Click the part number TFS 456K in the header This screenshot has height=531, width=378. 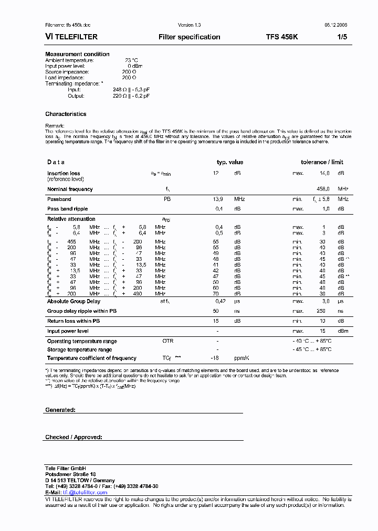281,37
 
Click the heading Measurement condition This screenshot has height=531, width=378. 77,54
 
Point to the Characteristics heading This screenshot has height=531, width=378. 66,114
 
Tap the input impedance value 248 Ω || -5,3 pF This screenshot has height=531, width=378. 131,90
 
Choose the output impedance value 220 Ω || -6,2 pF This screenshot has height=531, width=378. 131,96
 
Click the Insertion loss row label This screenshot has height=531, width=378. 64,173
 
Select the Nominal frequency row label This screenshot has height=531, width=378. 70,189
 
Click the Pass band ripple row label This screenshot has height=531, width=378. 68,209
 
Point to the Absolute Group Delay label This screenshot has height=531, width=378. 73,302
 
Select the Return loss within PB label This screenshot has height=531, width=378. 73,321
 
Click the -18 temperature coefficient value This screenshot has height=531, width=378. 214,358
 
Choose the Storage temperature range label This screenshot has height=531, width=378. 79,349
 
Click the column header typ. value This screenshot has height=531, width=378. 230,163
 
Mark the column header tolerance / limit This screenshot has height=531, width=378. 322,163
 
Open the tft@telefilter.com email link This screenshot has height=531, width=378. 85,493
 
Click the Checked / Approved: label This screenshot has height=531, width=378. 73,437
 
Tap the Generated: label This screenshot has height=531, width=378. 60,410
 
